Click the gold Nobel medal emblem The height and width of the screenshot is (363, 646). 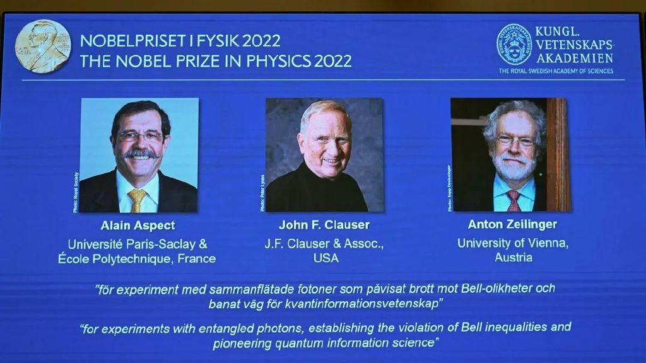click(x=43, y=46)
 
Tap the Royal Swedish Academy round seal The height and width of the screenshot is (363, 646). click(x=514, y=44)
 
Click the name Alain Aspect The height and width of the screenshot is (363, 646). click(x=138, y=226)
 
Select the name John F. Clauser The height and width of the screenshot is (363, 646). click(x=324, y=225)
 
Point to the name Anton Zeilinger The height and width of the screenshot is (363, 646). click(x=512, y=224)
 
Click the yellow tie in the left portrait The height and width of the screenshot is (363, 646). click(x=138, y=200)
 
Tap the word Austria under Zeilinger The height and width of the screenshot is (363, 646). click(x=513, y=258)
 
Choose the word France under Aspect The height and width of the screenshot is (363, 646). click(x=196, y=259)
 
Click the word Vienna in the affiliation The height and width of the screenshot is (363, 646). click(x=548, y=243)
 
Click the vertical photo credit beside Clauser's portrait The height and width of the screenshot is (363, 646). click(x=262, y=193)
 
